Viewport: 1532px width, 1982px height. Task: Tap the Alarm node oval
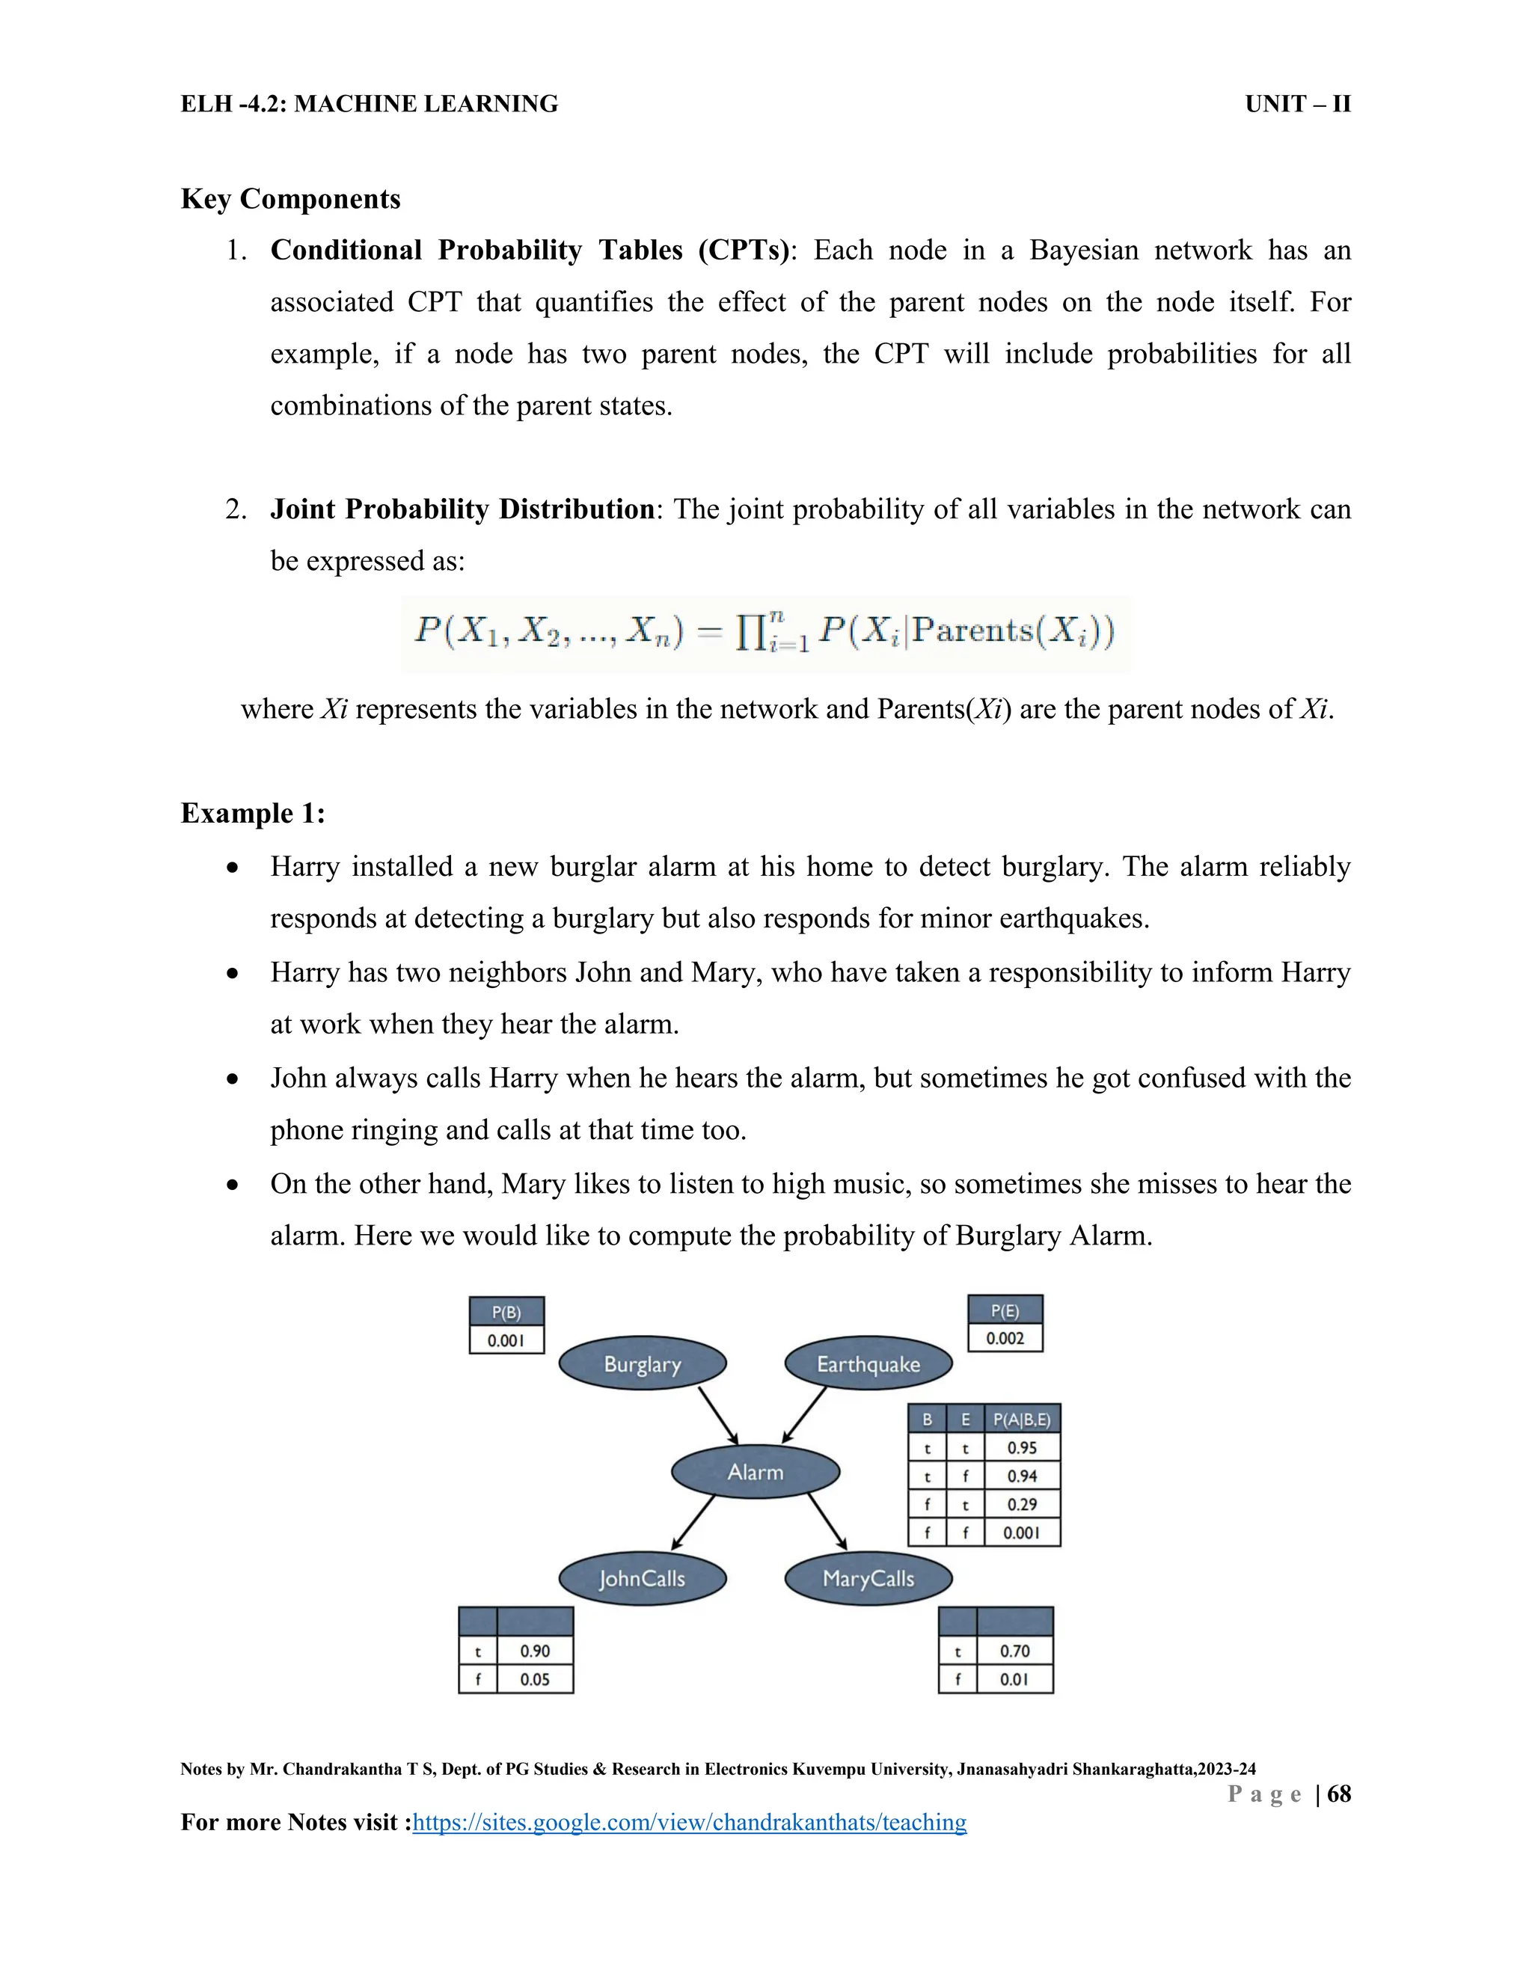click(755, 1471)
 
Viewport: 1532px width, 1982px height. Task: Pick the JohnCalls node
click(643, 1578)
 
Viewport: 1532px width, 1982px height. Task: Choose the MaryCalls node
click(868, 1578)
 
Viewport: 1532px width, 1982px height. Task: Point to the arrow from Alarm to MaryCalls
click(827, 1521)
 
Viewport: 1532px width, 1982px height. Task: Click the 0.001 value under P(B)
click(506, 1340)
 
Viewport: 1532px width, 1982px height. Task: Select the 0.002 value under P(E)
click(1005, 1339)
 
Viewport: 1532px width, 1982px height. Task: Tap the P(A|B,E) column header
click(1022, 1420)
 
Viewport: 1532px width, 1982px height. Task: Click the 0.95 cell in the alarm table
click(1022, 1447)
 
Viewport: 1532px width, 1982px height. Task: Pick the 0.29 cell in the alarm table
click(1022, 1504)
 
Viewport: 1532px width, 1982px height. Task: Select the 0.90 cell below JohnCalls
click(535, 1651)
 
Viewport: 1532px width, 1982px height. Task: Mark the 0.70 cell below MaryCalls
click(1014, 1651)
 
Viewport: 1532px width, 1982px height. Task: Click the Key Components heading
click(290, 199)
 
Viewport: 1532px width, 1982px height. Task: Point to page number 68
click(1339, 1794)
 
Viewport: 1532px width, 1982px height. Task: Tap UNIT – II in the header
click(1298, 105)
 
